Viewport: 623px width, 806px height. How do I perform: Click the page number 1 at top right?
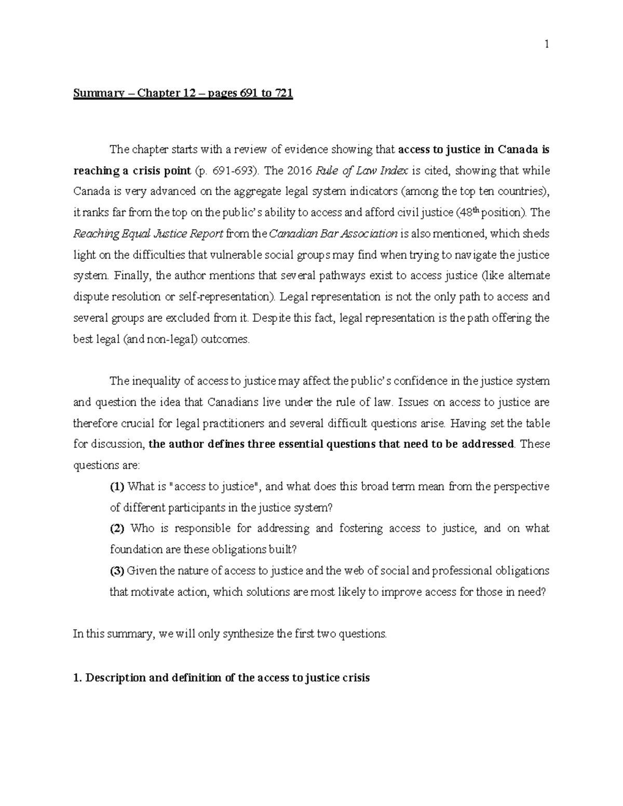(547, 45)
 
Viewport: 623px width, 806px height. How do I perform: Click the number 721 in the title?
(284, 94)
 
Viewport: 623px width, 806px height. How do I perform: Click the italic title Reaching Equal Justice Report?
(148, 234)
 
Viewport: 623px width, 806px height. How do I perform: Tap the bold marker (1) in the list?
(117, 487)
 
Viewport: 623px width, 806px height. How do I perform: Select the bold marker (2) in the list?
(117, 529)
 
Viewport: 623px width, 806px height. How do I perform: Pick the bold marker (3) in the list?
(117, 571)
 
